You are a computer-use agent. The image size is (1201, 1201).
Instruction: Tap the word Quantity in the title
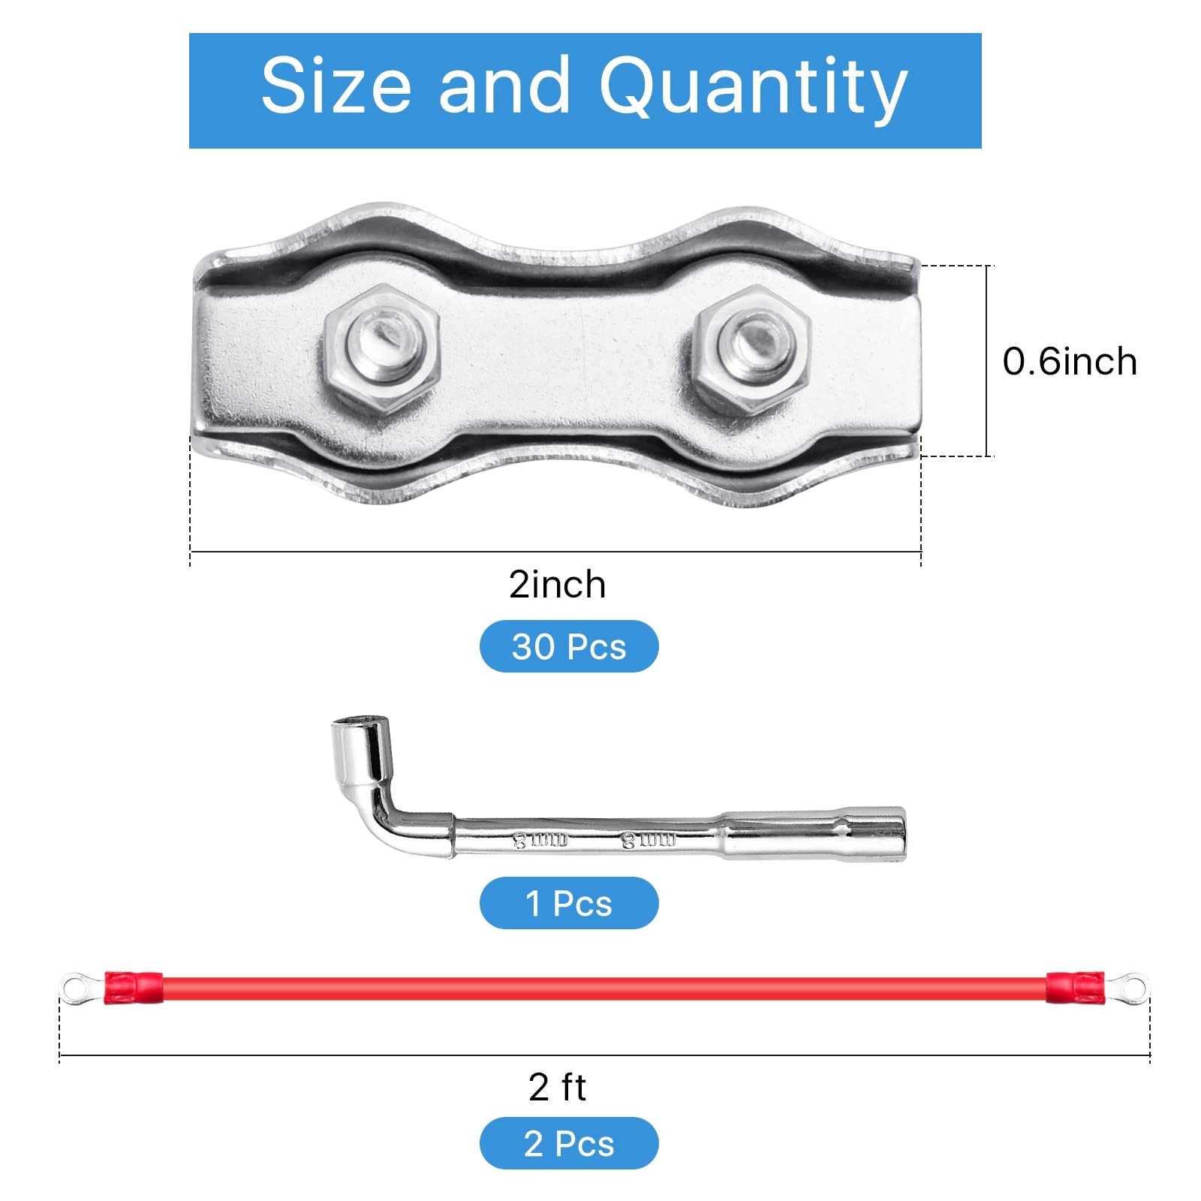coord(754,90)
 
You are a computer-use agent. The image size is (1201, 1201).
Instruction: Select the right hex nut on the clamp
coord(751,350)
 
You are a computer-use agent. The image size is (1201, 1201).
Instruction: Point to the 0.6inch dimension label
coord(1070,362)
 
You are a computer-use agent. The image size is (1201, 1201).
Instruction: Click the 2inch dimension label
coord(557,584)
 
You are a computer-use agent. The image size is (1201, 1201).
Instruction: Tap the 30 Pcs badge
coord(569,646)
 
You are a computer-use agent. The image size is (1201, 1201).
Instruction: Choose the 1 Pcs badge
coord(569,903)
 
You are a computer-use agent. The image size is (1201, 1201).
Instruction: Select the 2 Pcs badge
coord(569,1143)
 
